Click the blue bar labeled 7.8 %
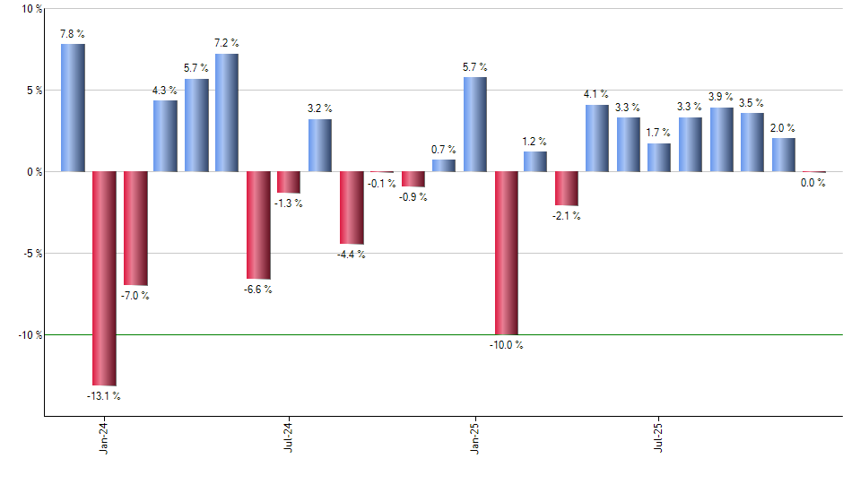click(73, 108)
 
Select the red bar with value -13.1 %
click(104, 278)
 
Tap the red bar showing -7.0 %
click(135, 229)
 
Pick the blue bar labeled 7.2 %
click(227, 112)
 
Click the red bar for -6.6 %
click(258, 225)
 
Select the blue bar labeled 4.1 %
click(597, 138)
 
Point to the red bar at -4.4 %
click(352, 207)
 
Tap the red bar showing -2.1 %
click(567, 188)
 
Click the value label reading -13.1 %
click(103, 395)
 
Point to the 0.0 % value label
click(813, 183)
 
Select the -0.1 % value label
click(382, 183)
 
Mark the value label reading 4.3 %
click(165, 91)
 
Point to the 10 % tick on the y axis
click(31, 9)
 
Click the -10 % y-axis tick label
click(30, 335)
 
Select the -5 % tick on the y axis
click(33, 254)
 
